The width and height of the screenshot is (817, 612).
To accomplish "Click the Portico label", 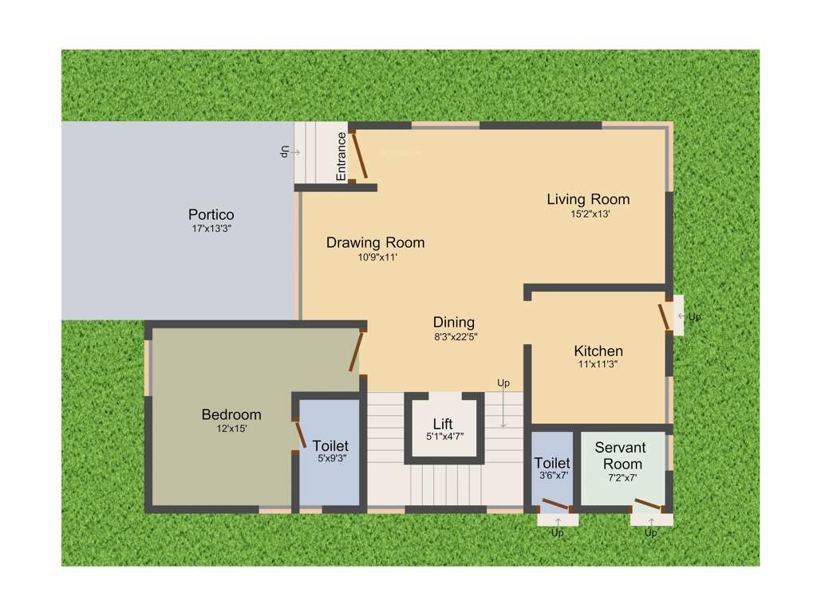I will tap(211, 214).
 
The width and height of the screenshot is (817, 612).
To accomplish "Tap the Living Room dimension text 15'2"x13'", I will tap(590, 214).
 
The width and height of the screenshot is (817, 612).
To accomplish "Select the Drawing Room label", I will tap(375, 242).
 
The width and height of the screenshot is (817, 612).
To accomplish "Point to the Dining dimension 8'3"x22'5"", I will tap(455, 336).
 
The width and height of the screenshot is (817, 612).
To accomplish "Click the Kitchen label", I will tap(598, 351).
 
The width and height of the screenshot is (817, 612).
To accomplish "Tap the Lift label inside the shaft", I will tap(443, 424).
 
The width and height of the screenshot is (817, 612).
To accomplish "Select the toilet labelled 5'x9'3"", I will tap(330, 445).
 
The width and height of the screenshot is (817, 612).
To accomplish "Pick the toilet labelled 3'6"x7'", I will tap(552, 463).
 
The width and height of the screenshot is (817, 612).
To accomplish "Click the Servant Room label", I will tap(620, 456).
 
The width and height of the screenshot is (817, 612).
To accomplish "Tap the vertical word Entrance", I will tap(341, 156).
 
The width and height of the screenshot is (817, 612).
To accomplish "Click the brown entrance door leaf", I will tap(361, 156).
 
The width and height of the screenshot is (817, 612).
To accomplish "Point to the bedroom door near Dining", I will tap(356, 351).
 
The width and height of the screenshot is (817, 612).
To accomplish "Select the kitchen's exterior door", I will tap(664, 316).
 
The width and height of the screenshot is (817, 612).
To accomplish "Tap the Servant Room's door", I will tap(647, 505).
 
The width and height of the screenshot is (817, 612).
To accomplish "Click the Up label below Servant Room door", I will tap(651, 532).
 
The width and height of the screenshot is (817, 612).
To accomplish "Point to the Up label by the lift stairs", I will tap(503, 383).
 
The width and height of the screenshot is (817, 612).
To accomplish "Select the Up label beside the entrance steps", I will tap(283, 151).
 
